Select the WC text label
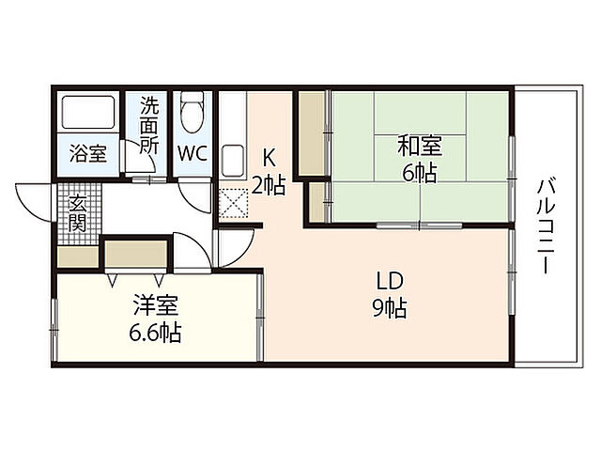pyautogui.click(x=193, y=153)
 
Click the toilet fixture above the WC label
pyautogui.click(x=193, y=114)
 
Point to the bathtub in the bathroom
pyautogui.click(x=88, y=115)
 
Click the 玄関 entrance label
pyautogui.click(x=77, y=214)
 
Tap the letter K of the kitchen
pyautogui.click(x=268, y=158)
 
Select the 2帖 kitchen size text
pyautogui.click(x=269, y=185)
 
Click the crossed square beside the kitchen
pyautogui.click(x=231, y=201)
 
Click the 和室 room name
pyautogui.click(x=419, y=148)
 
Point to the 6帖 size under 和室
pyautogui.click(x=420, y=173)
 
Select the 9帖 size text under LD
pyautogui.click(x=389, y=307)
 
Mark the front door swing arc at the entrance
pyautogui.click(x=32, y=199)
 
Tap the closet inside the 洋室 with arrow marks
pyautogui.click(x=136, y=255)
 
